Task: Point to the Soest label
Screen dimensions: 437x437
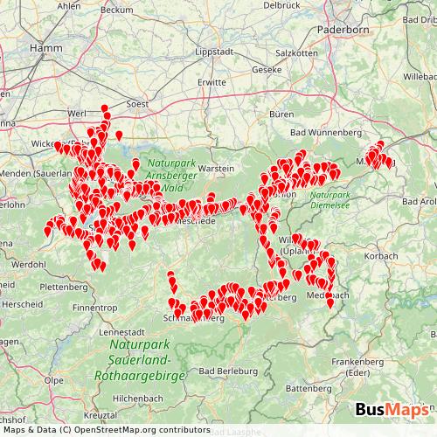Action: click(x=139, y=102)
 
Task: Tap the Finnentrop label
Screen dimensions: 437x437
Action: click(x=95, y=308)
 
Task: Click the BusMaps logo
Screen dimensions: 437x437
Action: click(x=392, y=410)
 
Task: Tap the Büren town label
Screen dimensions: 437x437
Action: click(x=281, y=114)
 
